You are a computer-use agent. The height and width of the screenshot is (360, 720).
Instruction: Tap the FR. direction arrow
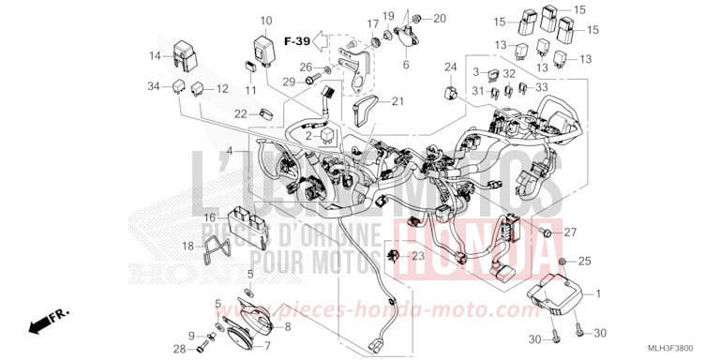tap(41, 323)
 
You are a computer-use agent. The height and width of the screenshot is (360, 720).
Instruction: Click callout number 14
tap(154, 56)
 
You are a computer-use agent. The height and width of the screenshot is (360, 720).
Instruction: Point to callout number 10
tap(265, 20)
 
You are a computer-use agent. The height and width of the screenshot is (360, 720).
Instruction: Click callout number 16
tap(211, 217)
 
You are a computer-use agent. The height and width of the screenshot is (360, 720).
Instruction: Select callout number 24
tap(451, 67)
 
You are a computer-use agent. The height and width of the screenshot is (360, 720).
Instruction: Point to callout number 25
tap(584, 260)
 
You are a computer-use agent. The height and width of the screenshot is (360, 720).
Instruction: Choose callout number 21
tap(397, 101)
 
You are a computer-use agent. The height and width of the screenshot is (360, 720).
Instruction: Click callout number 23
tap(418, 255)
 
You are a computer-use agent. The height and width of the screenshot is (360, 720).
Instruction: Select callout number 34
tap(154, 87)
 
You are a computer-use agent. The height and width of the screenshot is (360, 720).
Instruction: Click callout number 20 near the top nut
tap(440, 19)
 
